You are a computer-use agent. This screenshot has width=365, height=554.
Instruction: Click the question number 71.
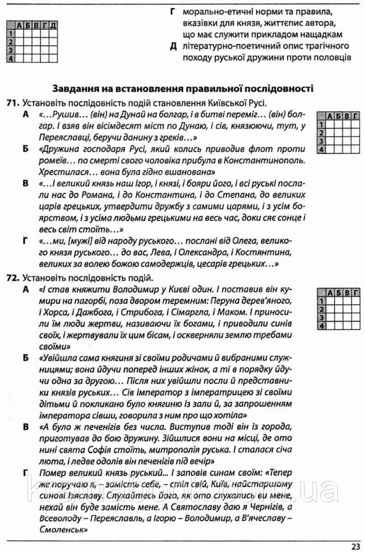[12, 103]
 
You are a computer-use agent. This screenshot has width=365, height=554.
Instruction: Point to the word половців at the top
[332, 58]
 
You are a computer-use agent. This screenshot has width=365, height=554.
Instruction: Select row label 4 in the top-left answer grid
[9, 58]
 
